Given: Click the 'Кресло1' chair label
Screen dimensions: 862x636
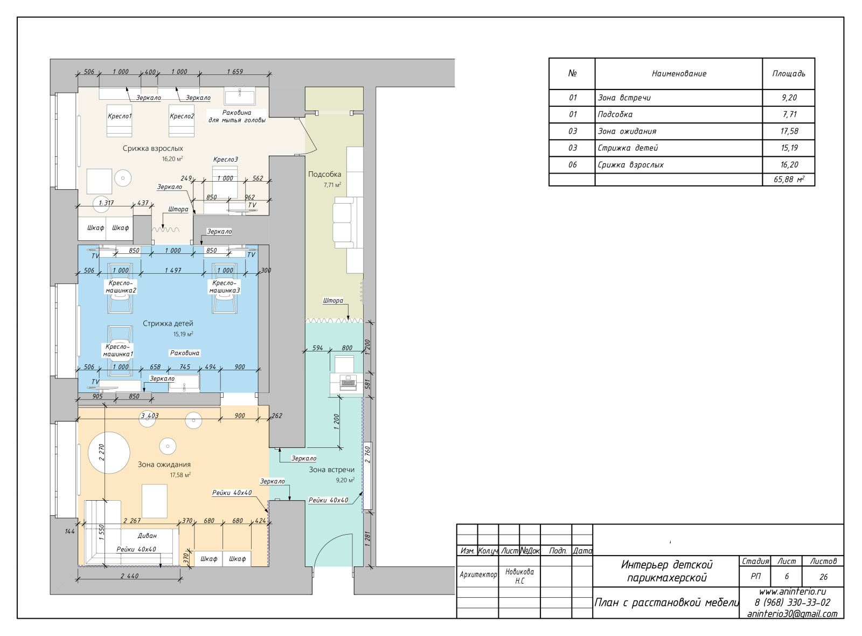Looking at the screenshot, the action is pyautogui.click(x=120, y=116).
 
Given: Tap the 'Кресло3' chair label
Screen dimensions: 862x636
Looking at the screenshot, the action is pyautogui.click(x=226, y=160).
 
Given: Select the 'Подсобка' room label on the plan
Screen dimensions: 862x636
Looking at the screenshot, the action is pyautogui.click(x=324, y=174).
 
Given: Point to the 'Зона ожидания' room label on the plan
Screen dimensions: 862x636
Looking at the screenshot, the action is pyautogui.click(x=164, y=465).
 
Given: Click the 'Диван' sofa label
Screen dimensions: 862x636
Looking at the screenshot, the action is pyautogui.click(x=148, y=536).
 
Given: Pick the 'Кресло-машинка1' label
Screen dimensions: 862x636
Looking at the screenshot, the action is pyautogui.click(x=118, y=350).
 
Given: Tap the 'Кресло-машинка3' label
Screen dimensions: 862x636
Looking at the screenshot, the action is pyautogui.click(x=224, y=286).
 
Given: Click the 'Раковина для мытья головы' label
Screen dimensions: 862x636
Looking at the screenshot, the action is pyautogui.click(x=237, y=116).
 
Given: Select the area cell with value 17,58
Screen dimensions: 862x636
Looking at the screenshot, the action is pyautogui.click(x=789, y=132).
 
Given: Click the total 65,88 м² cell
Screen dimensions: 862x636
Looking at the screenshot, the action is pyautogui.click(x=789, y=179).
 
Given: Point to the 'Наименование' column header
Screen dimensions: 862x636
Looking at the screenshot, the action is pyautogui.click(x=679, y=73).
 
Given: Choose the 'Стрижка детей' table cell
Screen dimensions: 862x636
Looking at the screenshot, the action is pyautogui.click(x=628, y=148).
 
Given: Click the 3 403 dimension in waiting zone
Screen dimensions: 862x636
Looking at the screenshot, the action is pyautogui.click(x=150, y=416).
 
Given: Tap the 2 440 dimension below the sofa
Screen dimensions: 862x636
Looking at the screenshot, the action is pyautogui.click(x=130, y=576).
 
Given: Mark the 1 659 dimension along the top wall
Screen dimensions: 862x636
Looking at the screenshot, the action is pyautogui.click(x=235, y=72).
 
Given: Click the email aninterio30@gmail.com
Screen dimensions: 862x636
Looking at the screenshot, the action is pyautogui.click(x=793, y=614).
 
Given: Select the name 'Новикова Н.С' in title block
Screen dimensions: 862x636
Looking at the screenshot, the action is pyautogui.click(x=519, y=576).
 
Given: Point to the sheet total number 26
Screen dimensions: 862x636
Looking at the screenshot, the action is pyautogui.click(x=824, y=577).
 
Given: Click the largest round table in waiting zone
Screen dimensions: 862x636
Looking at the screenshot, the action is pyautogui.click(x=109, y=453).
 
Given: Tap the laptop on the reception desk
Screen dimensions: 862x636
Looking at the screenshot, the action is pyautogui.click(x=348, y=383).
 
